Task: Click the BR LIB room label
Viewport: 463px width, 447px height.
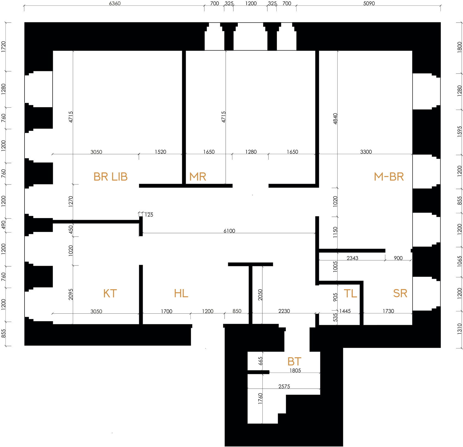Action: [111, 177]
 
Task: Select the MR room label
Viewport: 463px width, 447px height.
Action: [198, 177]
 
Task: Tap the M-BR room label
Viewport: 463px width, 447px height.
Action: [389, 177]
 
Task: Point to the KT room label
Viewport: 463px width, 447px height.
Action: [110, 294]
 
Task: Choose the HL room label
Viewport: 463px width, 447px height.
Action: [181, 294]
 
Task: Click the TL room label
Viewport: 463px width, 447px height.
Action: [350, 294]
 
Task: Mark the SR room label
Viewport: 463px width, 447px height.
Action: [400, 294]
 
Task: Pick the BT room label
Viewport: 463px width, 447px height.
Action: [294, 361]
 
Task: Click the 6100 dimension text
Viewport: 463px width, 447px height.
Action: [229, 231]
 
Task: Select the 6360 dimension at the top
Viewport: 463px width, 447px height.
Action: [115, 3]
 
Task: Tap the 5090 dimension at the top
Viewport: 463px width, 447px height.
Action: [369, 3]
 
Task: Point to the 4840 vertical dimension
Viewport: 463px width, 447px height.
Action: [335, 119]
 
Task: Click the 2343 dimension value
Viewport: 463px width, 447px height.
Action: [352, 258]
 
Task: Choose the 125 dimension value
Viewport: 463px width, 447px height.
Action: [149, 215]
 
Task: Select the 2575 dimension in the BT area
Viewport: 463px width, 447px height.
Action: [284, 387]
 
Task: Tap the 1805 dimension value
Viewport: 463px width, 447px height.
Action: [295, 371]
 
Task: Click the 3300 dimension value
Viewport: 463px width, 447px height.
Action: [366, 152]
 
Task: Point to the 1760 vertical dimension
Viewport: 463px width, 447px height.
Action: [260, 399]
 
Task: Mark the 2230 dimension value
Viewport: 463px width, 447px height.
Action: [284, 311]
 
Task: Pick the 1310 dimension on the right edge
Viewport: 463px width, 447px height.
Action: [459, 329]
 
